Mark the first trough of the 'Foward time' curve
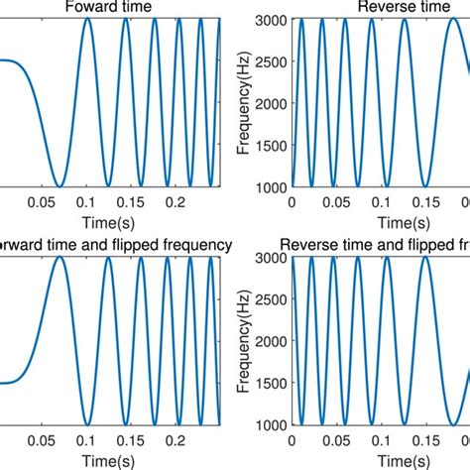60,186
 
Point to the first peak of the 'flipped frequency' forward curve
60,257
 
